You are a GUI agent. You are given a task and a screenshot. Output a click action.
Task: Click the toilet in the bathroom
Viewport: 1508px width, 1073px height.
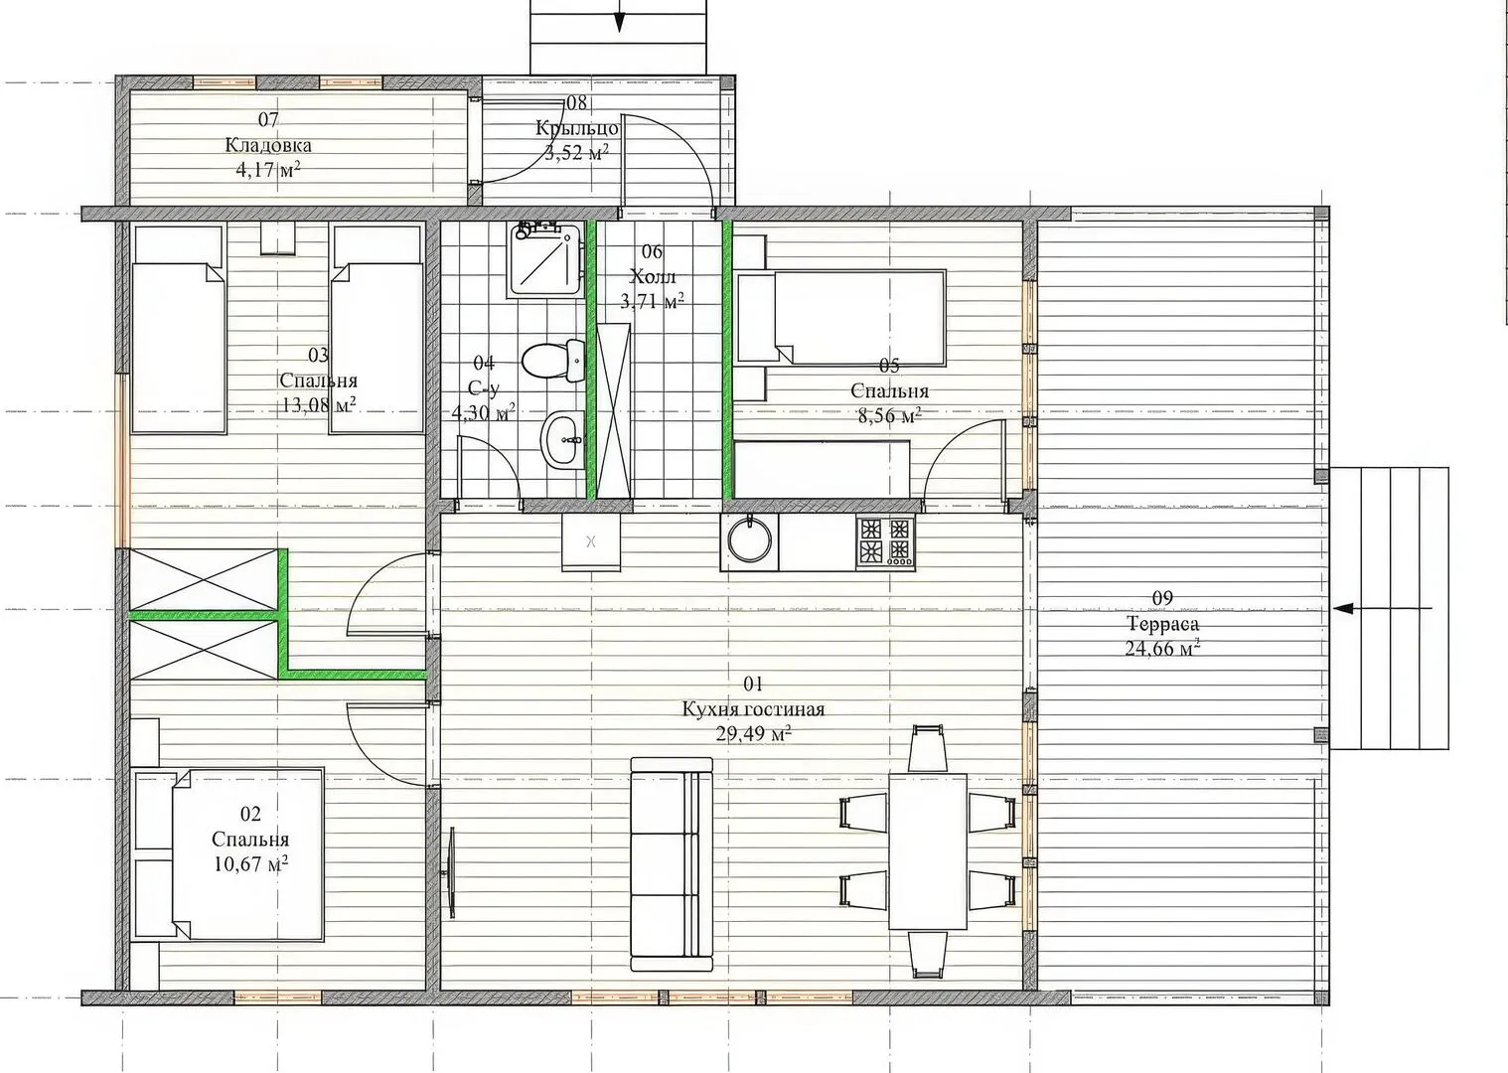(x=553, y=361)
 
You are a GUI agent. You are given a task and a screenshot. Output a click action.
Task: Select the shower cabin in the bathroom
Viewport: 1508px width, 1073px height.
(x=545, y=259)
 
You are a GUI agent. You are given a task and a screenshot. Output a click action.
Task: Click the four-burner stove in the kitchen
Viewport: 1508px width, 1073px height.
(x=885, y=541)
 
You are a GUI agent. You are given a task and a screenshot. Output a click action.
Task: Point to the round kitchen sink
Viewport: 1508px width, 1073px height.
(x=749, y=541)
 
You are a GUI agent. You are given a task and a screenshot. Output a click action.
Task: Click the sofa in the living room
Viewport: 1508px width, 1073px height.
(x=672, y=864)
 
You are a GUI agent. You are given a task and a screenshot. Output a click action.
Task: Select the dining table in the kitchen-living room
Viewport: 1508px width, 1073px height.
(x=928, y=850)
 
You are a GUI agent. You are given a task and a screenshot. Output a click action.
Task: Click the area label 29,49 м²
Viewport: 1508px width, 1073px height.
(x=753, y=734)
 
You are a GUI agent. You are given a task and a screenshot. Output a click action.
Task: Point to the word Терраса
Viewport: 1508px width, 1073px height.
(x=1162, y=623)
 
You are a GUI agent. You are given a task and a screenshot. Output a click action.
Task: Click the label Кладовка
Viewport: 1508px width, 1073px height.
(x=268, y=145)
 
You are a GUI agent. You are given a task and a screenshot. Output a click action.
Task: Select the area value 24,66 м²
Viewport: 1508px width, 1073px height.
(x=1162, y=648)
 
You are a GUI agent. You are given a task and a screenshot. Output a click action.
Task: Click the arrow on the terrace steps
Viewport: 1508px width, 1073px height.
(x=1384, y=608)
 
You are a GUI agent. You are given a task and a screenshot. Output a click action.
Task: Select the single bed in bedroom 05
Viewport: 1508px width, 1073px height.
(x=841, y=317)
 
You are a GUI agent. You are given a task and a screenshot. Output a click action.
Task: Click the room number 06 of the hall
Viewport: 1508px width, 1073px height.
(x=652, y=251)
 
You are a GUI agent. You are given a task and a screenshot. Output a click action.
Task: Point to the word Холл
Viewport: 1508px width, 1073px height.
(x=652, y=276)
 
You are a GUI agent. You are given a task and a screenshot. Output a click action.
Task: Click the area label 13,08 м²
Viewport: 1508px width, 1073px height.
(x=319, y=405)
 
